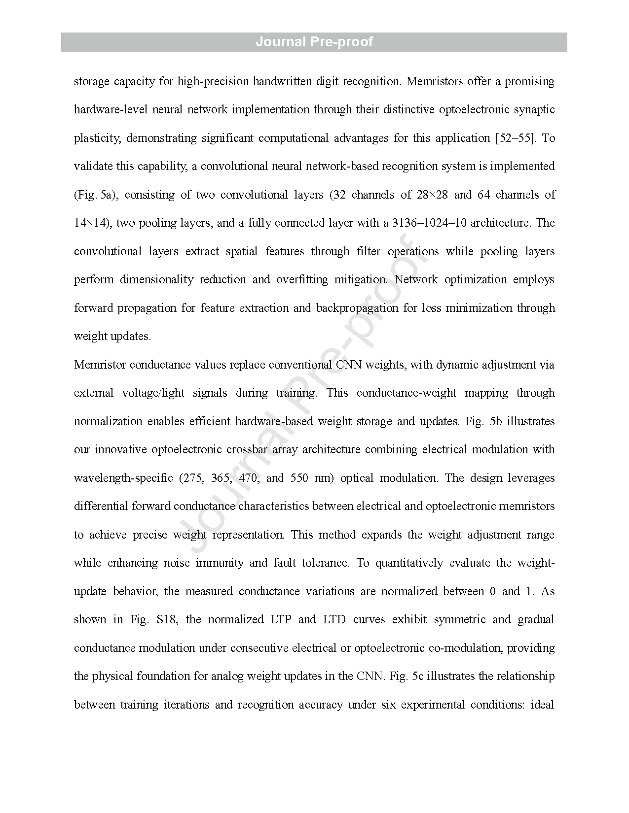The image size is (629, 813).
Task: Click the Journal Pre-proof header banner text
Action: point(314,42)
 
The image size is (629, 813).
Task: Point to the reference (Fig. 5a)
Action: point(96,195)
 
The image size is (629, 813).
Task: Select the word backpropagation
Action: point(357,308)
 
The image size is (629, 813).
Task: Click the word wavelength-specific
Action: point(123,478)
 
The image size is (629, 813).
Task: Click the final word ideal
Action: point(542,705)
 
